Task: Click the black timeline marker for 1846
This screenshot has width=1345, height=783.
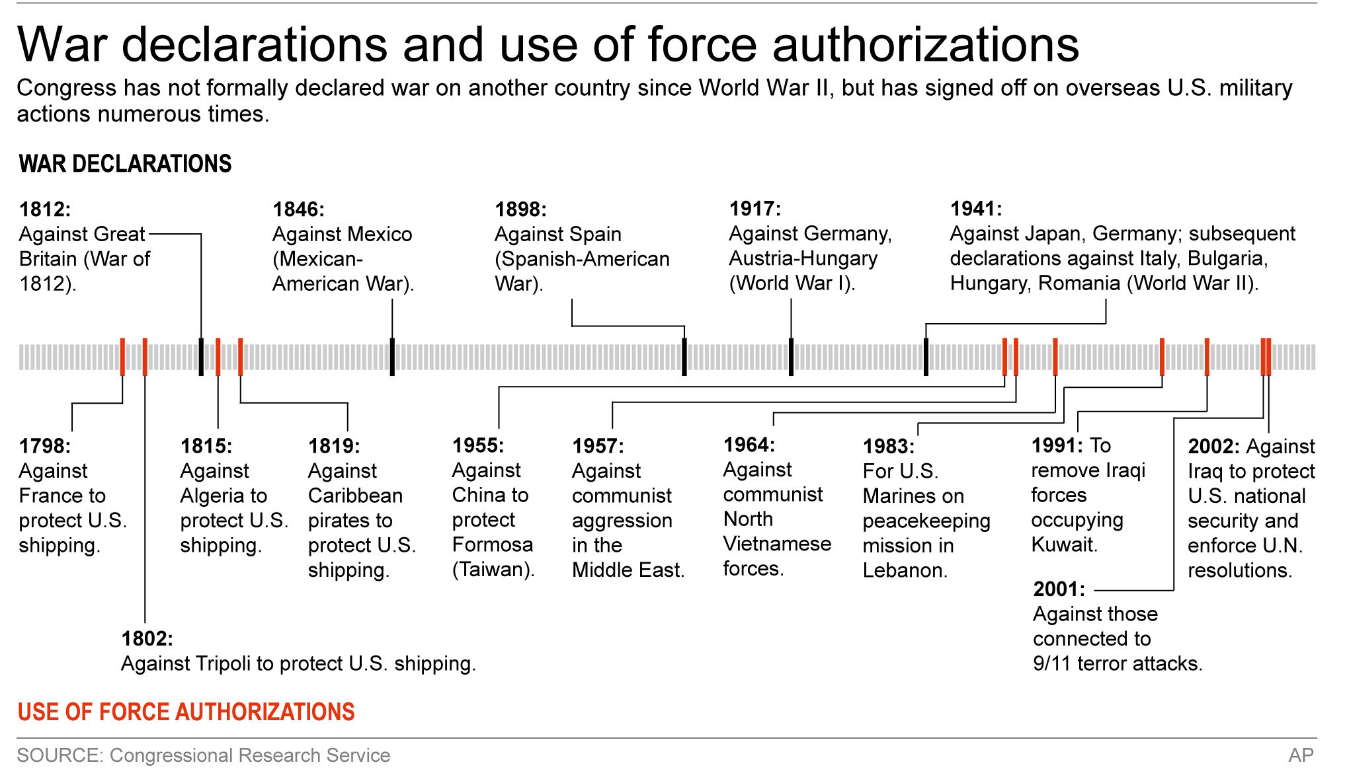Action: tap(392, 357)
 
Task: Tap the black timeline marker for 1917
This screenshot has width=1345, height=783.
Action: tap(791, 357)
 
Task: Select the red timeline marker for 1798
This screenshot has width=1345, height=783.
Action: tap(122, 357)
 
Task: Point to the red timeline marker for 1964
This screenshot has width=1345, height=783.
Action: tap(1055, 357)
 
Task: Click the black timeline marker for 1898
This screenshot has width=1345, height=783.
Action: tap(684, 357)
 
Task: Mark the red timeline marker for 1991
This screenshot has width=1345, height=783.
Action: tap(1207, 357)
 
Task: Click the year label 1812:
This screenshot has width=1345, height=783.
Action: tap(45, 209)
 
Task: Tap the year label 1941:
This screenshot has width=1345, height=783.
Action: tap(976, 209)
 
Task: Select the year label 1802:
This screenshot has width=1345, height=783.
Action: tap(147, 639)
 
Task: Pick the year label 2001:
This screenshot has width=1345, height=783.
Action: tap(1059, 589)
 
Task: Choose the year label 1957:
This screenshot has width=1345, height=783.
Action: tap(598, 446)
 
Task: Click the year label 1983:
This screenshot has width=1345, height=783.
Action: tap(889, 447)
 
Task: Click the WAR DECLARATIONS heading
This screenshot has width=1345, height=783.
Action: tap(126, 164)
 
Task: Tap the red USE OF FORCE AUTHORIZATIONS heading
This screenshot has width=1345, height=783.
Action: tap(186, 712)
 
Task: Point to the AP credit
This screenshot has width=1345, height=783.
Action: tap(1301, 755)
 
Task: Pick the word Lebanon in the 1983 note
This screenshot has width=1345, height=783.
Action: tap(904, 570)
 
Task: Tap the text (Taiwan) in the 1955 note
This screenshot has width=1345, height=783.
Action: tap(493, 570)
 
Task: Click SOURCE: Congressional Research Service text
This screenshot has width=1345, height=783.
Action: tap(204, 755)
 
